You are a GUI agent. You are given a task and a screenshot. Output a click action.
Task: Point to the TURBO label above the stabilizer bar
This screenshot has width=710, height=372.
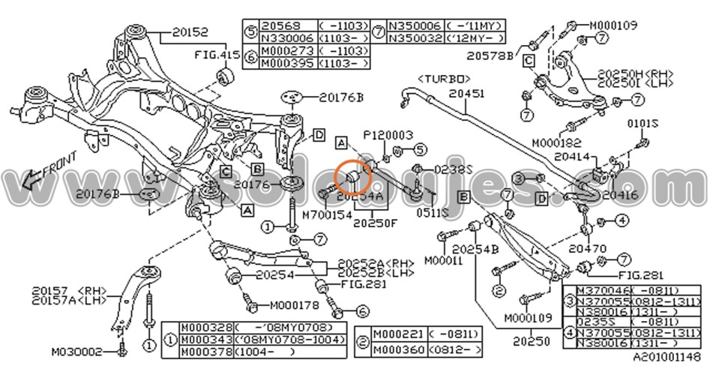point(444,77)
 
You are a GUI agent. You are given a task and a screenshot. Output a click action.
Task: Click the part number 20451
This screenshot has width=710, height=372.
point(468,94)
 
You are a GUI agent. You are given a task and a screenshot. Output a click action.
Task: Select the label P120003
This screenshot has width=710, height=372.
point(389,135)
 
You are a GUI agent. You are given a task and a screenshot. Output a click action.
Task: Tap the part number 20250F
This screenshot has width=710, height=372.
point(376,222)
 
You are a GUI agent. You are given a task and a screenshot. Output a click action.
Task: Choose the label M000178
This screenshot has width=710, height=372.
point(294,305)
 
